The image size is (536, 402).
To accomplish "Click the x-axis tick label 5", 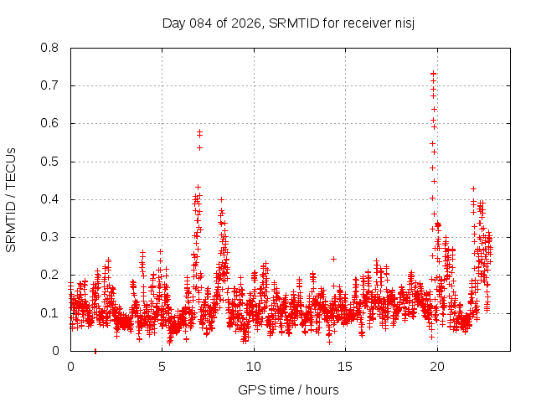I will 162,366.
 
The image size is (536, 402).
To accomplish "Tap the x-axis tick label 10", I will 254,366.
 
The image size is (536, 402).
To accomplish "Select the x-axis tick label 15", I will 345,366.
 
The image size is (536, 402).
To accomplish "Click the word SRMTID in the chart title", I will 291,23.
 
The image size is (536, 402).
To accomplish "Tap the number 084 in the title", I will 201,23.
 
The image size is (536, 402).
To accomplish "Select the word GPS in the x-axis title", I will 250,389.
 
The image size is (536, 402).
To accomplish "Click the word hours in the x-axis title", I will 322,389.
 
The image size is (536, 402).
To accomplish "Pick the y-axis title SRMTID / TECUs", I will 12,199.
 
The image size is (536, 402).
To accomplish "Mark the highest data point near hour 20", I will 433,73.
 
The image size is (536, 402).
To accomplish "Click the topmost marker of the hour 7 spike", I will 199,131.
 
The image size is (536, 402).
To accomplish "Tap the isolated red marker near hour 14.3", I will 333,259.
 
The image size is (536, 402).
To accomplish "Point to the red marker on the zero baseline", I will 95,351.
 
